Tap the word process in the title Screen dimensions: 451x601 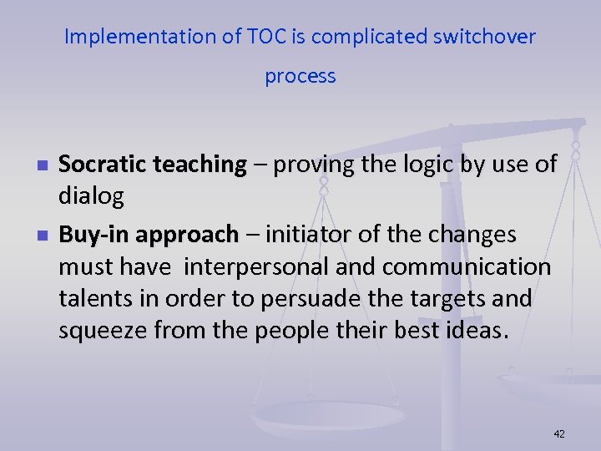300,76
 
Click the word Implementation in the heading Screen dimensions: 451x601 128,37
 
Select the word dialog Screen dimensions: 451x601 91,197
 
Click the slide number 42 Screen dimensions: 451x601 559,433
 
